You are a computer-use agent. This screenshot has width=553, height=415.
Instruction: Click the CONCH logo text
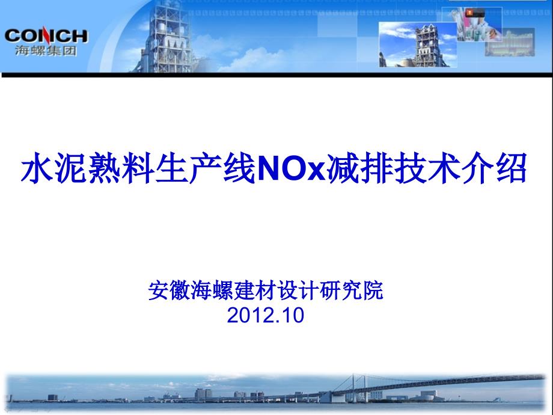pyautogui.click(x=46, y=36)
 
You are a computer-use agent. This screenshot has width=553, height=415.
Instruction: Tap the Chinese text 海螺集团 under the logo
pyautogui.click(x=46, y=51)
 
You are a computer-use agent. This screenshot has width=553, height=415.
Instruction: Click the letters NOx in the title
pyautogui.click(x=292, y=168)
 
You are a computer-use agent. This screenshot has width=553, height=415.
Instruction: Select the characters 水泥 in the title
pyautogui.click(x=54, y=168)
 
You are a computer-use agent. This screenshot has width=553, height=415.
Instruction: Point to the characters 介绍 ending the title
pyautogui.click(x=495, y=168)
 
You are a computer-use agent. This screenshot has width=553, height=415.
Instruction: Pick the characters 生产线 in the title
pyautogui.click(x=207, y=168)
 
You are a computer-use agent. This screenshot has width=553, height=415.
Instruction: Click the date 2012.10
pyautogui.click(x=266, y=315)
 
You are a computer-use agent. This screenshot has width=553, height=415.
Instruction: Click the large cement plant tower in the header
pyautogui.click(x=166, y=37)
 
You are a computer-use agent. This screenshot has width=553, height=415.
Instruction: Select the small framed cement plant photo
pyautogui.click(x=418, y=45)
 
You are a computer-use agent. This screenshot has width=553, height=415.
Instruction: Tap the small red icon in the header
pyautogui.click(x=469, y=13)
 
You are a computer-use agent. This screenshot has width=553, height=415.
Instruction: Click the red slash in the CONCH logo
pyautogui.click(x=45, y=35)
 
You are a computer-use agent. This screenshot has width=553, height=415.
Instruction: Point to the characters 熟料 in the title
pyautogui.click(x=121, y=168)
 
